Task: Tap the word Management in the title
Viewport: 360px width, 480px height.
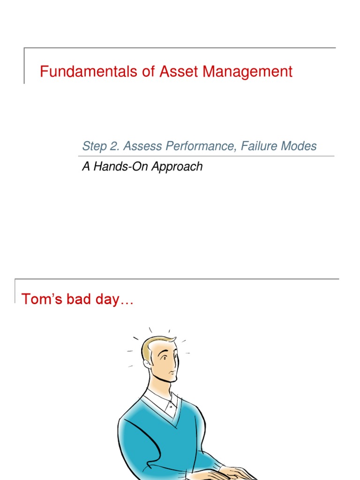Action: tap(248, 72)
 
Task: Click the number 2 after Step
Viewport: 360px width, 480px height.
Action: tap(114, 146)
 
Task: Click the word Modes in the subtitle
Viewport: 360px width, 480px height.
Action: tap(299, 146)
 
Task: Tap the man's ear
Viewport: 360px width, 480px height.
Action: tap(147, 363)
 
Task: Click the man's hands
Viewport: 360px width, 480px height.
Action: tap(237, 472)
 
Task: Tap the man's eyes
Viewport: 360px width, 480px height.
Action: tap(170, 357)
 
